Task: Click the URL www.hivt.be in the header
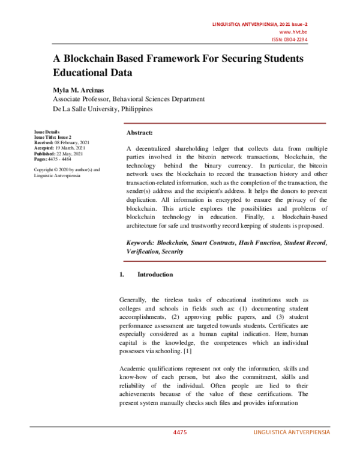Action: [x=295, y=31]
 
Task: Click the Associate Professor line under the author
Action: [x=129, y=99]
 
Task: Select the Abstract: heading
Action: [x=139, y=132]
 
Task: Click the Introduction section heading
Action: [x=155, y=274]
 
